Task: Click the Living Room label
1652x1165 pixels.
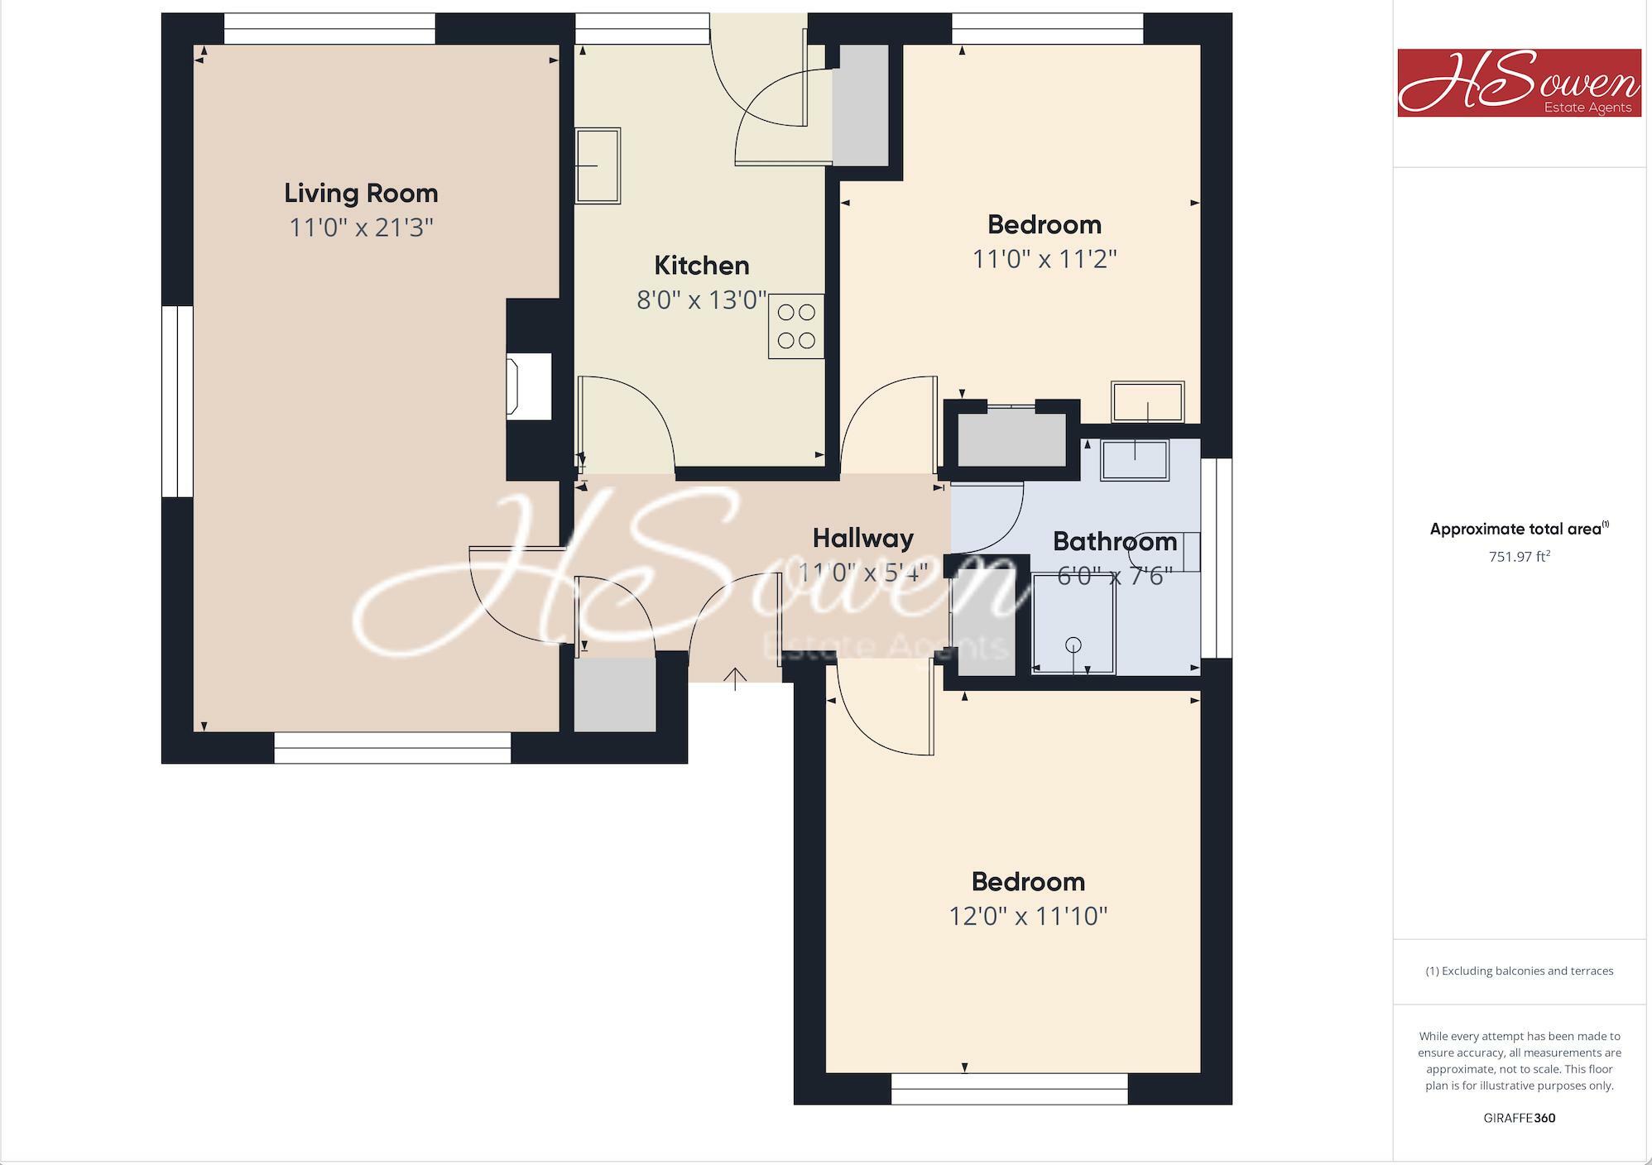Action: pyautogui.click(x=361, y=194)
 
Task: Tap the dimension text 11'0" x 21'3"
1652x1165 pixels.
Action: pyautogui.click(x=361, y=228)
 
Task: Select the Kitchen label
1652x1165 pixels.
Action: pyautogui.click(x=701, y=266)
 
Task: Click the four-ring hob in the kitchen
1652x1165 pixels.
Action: pyautogui.click(x=796, y=326)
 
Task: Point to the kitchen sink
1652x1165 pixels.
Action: pyautogui.click(x=598, y=165)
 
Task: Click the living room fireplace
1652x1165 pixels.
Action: pyautogui.click(x=531, y=386)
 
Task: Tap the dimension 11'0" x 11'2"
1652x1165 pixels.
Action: pyautogui.click(x=1044, y=259)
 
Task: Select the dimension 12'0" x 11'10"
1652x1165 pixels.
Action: pyautogui.click(x=1027, y=916)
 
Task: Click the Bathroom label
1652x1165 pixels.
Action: pyautogui.click(x=1114, y=542)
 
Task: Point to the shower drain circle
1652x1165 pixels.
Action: pyautogui.click(x=1073, y=645)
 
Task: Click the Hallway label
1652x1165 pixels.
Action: pyautogui.click(x=862, y=539)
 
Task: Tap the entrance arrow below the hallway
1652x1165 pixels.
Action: pyautogui.click(x=735, y=678)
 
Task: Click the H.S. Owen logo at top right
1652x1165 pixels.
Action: pyautogui.click(x=1519, y=83)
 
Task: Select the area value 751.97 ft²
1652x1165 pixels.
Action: pyautogui.click(x=1519, y=557)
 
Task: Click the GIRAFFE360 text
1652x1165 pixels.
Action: pyautogui.click(x=1519, y=1118)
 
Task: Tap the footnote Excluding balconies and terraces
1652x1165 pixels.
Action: pyautogui.click(x=1519, y=971)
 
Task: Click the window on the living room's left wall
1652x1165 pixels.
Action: pyautogui.click(x=177, y=401)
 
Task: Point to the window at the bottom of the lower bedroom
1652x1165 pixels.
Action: pyautogui.click(x=1009, y=1089)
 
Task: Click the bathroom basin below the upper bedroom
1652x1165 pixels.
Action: pyautogui.click(x=1134, y=460)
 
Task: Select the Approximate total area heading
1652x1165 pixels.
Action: pyautogui.click(x=1519, y=530)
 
